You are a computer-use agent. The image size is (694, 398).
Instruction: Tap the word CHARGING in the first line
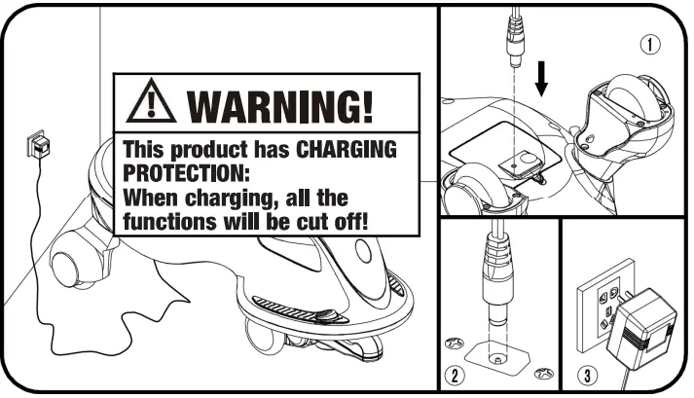pos(347,152)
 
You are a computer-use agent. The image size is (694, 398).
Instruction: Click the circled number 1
pos(650,43)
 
